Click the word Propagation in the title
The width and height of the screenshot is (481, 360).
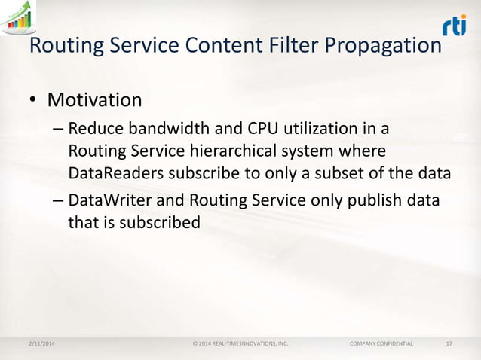tap(381, 46)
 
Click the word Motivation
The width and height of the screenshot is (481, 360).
tap(94, 99)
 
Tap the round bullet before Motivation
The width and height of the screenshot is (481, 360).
tap(33, 101)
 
